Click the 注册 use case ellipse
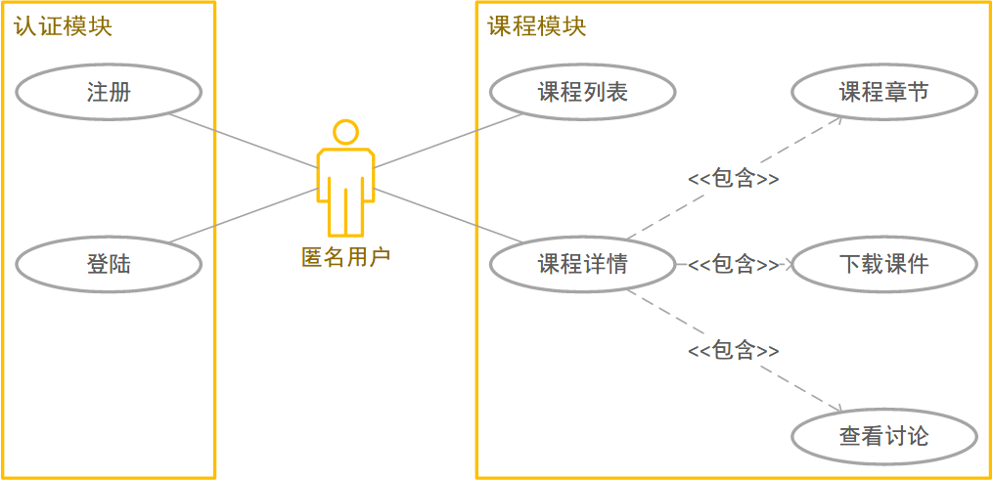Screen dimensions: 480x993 (109, 93)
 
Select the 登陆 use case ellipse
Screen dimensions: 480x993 (109, 264)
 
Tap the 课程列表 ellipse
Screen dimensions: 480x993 (582, 93)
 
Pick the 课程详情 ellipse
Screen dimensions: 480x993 (582, 264)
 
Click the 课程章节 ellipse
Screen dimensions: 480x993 (883, 93)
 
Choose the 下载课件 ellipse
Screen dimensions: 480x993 (883, 264)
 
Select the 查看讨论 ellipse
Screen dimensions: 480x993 (883, 436)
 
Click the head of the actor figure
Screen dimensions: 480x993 (345, 132)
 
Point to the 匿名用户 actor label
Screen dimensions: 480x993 (345, 257)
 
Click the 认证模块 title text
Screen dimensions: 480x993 (64, 26)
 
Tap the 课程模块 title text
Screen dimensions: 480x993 (537, 26)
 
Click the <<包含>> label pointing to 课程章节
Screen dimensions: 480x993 (734, 179)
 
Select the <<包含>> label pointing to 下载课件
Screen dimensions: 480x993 (734, 264)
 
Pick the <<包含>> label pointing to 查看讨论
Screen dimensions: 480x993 (734, 350)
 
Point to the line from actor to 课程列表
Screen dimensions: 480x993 (450, 140)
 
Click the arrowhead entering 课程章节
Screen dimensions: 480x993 (839, 119)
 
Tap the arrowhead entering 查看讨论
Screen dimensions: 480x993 (837, 411)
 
